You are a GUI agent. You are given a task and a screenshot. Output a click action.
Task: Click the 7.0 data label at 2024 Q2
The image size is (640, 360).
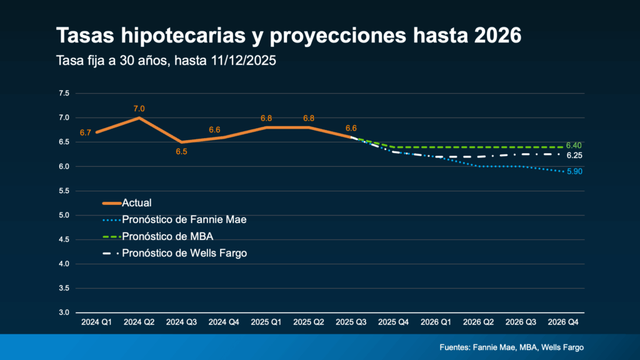(139, 109)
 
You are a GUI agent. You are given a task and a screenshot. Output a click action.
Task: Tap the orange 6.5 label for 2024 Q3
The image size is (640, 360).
(181, 151)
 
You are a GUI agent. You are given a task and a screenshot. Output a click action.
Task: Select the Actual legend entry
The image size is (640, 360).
(137, 202)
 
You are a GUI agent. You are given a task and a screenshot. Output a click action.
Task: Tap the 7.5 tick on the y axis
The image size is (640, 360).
(64, 93)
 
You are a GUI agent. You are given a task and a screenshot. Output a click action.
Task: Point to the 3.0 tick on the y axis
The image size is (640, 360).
(64, 312)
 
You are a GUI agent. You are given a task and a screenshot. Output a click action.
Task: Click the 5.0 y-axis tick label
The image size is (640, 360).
(64, 215)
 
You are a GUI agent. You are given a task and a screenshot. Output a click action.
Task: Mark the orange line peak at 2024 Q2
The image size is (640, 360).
(139, 117)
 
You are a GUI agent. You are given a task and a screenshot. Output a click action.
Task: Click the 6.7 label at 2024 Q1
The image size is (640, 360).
(86, 132)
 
